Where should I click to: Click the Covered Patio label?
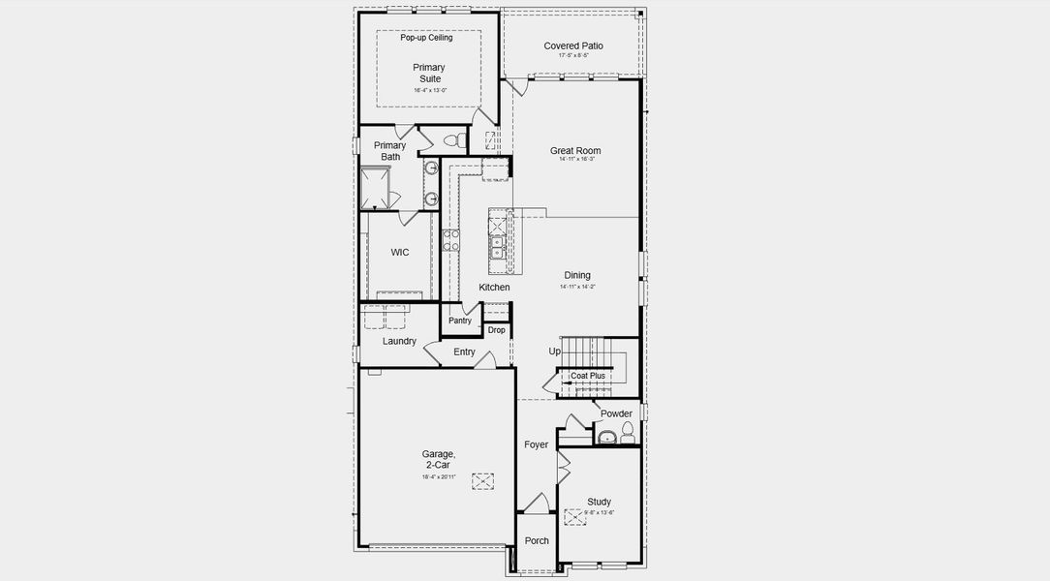click(x=573, y=46)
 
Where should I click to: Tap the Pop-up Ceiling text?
click(x=426, y=38)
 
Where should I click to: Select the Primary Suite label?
click(x=429, y=74)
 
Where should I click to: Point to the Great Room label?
click(x=575, y=151)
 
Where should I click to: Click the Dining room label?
click(x=577, y=276)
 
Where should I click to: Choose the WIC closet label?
click(x=400, y=253)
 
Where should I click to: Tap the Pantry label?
click(x=460, y=321)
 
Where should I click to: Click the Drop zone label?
click(x=496, y=330)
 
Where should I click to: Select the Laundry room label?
click(x=399, y=341)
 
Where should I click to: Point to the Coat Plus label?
click(x=588, y=376)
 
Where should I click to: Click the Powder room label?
click(x=616, y=413)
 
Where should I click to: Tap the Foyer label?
click(x=537, y=445)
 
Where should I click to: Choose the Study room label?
click(x=600, y=502)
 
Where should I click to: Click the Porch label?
click(x=537, y=541)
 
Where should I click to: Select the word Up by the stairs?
click(x=555, y=352)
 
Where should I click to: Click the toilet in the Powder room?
click(x=628, y=432)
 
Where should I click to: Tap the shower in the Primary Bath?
click(x=375, y=188)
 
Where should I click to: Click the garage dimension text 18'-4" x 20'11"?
click(x=438, y=476)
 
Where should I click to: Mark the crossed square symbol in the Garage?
click(x=482, y=481)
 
